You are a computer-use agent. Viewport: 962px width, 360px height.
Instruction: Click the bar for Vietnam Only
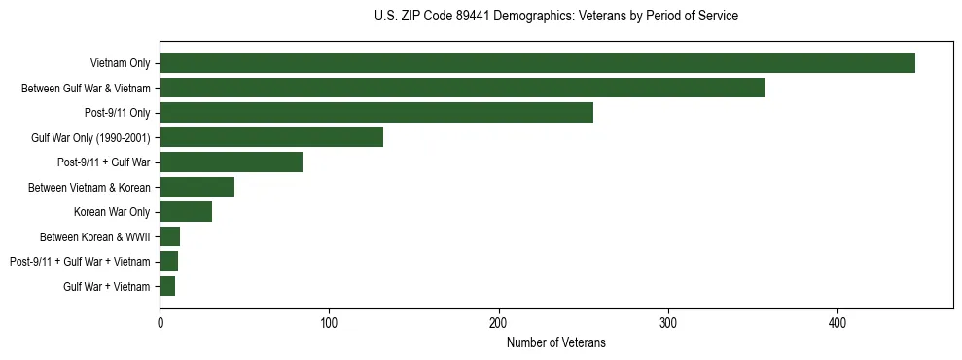[537, 63]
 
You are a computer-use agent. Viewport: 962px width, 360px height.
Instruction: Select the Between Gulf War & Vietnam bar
[462, 89]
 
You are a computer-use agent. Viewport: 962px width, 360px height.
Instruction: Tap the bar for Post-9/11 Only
[376, 113]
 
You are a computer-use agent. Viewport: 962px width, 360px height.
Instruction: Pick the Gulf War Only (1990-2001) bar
[271, 137]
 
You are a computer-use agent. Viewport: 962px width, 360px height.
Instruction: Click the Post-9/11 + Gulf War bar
[231, 162]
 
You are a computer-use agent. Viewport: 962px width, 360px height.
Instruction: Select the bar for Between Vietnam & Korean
[196, 187]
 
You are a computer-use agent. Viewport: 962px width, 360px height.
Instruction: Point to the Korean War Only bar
[186, 212]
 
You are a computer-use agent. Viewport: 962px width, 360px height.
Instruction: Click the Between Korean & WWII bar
[169, 236]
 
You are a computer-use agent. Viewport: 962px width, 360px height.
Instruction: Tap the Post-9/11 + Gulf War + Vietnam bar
[168, 262]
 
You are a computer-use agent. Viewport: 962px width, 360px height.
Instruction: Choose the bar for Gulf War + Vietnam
[167, 286]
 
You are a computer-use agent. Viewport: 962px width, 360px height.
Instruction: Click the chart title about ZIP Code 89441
[555, 17]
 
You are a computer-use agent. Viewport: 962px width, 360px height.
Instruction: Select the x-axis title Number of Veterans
[555, 342]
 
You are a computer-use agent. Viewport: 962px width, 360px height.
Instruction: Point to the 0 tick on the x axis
[160, 322]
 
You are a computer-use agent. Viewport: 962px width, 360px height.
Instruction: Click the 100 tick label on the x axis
[329, 322]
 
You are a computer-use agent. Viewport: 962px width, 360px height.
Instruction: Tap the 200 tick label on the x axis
[498, 322]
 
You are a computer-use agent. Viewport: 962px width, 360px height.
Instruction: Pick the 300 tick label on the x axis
[668, 322]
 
